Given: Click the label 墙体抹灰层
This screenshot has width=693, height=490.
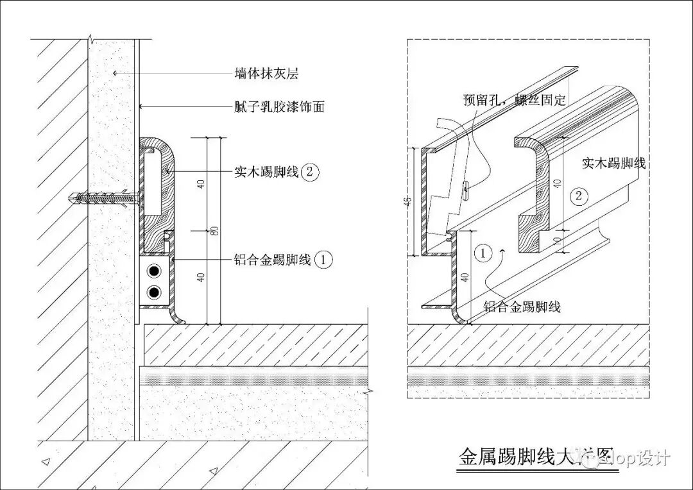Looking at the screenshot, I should click(x=266, y=74).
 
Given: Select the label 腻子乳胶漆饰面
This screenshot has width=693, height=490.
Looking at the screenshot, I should click(x=279, y=106).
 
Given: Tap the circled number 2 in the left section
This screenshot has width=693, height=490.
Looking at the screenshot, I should click(x=309, y=172).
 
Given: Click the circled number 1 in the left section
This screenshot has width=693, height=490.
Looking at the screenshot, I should click(x=324, y=260).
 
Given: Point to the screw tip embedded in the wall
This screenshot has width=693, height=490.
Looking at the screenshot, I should click(x=70, y=199).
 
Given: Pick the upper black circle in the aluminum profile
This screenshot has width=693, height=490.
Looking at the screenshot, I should click(x=154, y=271).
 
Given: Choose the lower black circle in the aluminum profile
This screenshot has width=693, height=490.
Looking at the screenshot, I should click(x=154, y=293).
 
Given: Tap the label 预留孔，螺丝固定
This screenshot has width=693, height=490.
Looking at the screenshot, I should click(x=515, y=101).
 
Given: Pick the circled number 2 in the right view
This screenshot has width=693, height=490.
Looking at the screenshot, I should click(x=579, y=196).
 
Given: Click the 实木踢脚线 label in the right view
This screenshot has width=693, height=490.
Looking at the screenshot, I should click(x=613, y=163).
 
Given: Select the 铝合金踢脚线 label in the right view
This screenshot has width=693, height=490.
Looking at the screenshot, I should click(x=522, y=307).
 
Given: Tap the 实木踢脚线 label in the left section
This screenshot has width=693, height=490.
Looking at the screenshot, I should click(x=266, y=172).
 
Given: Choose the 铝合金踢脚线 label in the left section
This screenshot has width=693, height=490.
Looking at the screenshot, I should click(x=273, y=260).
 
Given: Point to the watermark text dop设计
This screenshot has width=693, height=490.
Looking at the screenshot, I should click(x=635, y=458).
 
